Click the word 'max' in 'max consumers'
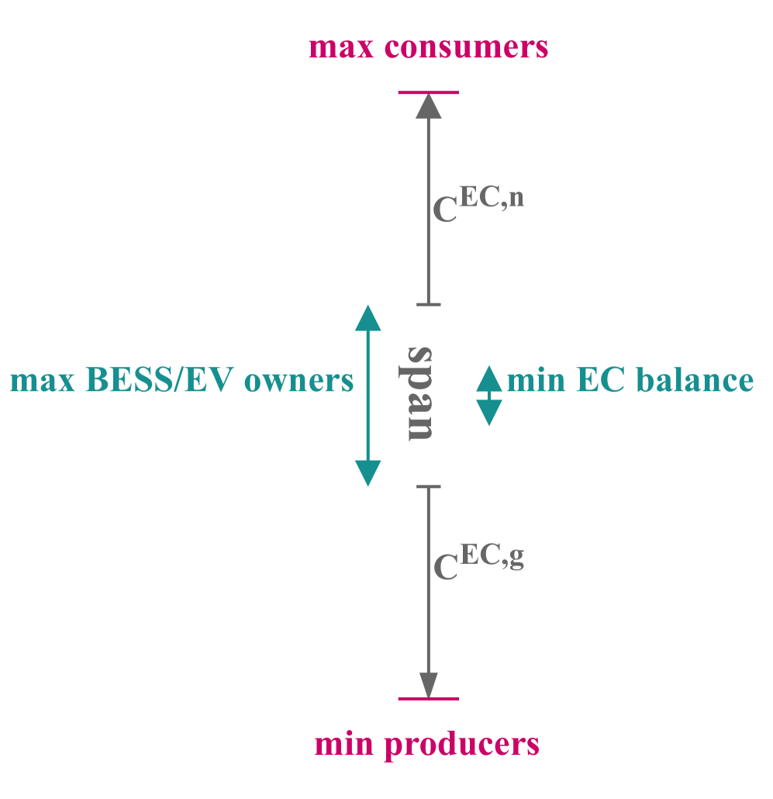(337, 48)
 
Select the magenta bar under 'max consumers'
(429, 92)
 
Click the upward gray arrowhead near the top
(429, 105)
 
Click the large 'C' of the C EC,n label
(444, 210)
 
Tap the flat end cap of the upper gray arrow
(429, 304)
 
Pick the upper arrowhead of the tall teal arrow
(368, 318)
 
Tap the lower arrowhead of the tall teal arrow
(368, 472)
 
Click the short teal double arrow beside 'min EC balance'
(489, 396)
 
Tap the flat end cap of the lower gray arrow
(429, 486)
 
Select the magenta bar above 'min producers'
(429, 699)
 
